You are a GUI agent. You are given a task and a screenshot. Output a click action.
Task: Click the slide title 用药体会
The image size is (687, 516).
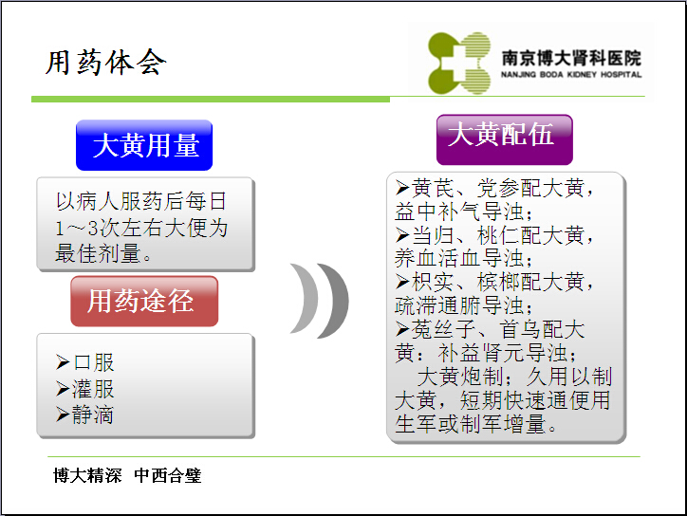tap(106, 63)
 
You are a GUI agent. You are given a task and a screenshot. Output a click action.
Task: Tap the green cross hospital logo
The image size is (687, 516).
tap(459, 63)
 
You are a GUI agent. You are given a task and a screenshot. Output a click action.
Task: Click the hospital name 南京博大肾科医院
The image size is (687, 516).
tap(571, 57)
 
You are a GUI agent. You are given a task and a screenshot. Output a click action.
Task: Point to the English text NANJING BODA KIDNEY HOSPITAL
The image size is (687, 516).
tap(571, 75)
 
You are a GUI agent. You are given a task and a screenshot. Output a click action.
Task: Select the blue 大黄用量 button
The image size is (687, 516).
tap(144, 145)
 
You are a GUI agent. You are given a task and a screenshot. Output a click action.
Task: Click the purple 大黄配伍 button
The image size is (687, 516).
tap(505, 139)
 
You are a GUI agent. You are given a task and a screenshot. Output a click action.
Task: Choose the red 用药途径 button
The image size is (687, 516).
tap(144, 302)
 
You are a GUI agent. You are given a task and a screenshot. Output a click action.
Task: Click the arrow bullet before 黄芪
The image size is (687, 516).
tap(402, 188)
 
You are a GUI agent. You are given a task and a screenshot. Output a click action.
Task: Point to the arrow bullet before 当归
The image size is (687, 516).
tap(402, 235)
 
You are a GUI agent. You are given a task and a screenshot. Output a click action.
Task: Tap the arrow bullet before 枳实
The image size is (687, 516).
tap(402, 282)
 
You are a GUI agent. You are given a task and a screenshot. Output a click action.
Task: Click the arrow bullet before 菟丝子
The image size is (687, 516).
tap(402, 328)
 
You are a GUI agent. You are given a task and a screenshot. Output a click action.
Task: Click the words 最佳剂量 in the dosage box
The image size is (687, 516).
tap(98, 253)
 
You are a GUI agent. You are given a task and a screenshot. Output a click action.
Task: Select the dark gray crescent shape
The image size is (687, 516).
tap(337, 301)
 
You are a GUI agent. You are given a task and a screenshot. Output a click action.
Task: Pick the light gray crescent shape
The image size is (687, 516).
tap(308, 298)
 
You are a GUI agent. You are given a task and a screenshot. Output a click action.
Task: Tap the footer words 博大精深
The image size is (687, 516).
tap(87, 475)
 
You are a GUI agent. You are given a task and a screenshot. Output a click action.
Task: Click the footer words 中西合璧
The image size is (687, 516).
tap(168, 475)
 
